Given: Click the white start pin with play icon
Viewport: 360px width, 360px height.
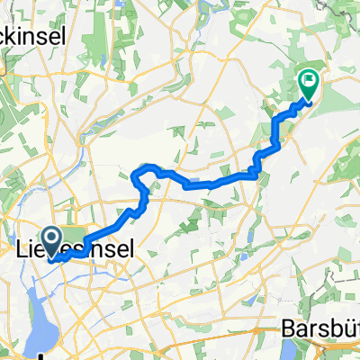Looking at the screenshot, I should point(51,240).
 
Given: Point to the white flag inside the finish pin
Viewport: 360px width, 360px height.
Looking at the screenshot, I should point(309,80).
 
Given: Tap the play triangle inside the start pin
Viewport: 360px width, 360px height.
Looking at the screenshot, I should point(51,237).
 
